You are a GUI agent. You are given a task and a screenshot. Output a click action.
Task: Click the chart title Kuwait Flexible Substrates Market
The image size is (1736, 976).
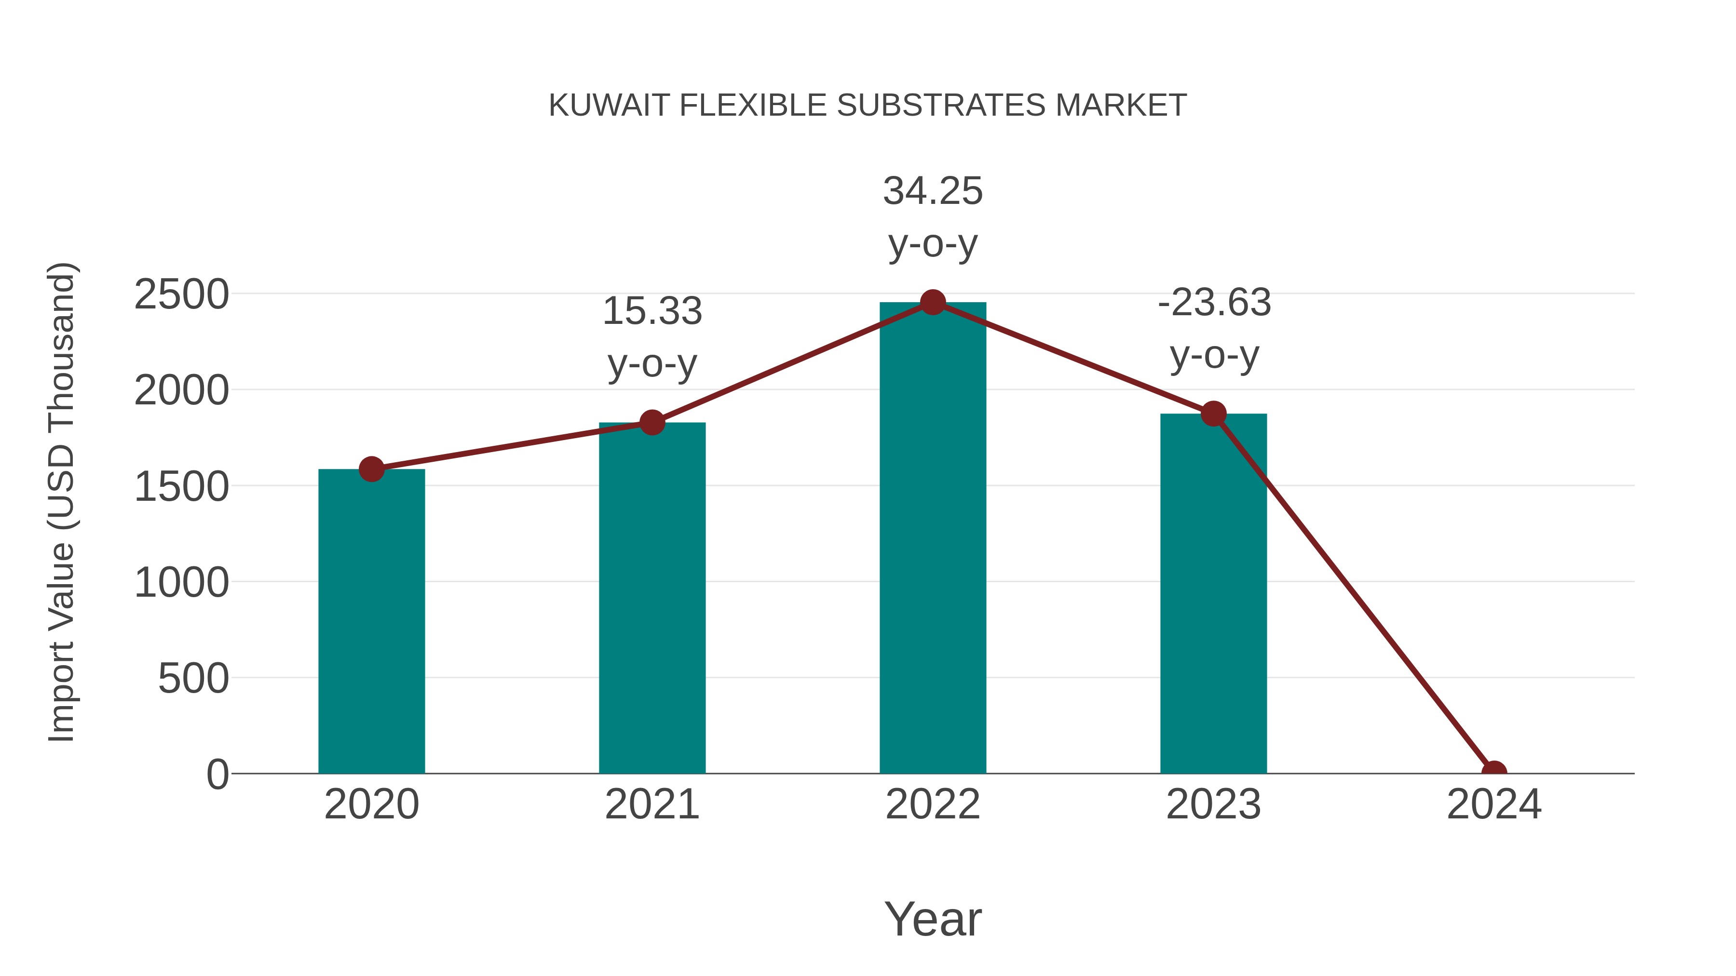(868, 106)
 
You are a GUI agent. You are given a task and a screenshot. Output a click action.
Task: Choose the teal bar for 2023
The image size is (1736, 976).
(1213, 593)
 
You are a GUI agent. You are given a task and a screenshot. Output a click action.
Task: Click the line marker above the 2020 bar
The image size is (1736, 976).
(371, 469)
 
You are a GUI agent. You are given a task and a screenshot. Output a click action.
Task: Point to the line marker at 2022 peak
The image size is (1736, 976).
(933, 302)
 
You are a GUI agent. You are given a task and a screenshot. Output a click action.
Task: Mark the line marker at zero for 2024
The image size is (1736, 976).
(1494, 772)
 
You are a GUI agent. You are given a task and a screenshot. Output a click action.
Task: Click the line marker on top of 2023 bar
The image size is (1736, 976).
(1214, 414)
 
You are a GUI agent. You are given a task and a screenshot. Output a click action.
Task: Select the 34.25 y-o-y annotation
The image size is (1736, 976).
(933, 217)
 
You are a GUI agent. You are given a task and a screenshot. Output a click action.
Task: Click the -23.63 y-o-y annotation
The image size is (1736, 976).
(1214, 328)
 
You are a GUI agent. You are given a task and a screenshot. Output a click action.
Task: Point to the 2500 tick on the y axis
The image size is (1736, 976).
(182, 294)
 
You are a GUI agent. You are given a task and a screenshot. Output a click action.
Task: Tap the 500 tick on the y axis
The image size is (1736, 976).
(193, 678)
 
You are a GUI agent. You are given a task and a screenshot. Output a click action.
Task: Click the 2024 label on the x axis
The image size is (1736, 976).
(1494, 804)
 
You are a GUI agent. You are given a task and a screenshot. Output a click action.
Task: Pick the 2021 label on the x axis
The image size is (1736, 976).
(651, 804)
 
